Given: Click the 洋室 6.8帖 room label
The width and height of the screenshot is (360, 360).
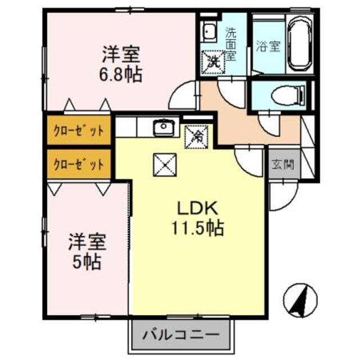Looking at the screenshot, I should (121, 65).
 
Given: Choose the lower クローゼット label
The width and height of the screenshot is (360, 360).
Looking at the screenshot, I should (79, 165).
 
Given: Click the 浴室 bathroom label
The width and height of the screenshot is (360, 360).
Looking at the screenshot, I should (268, 47).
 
